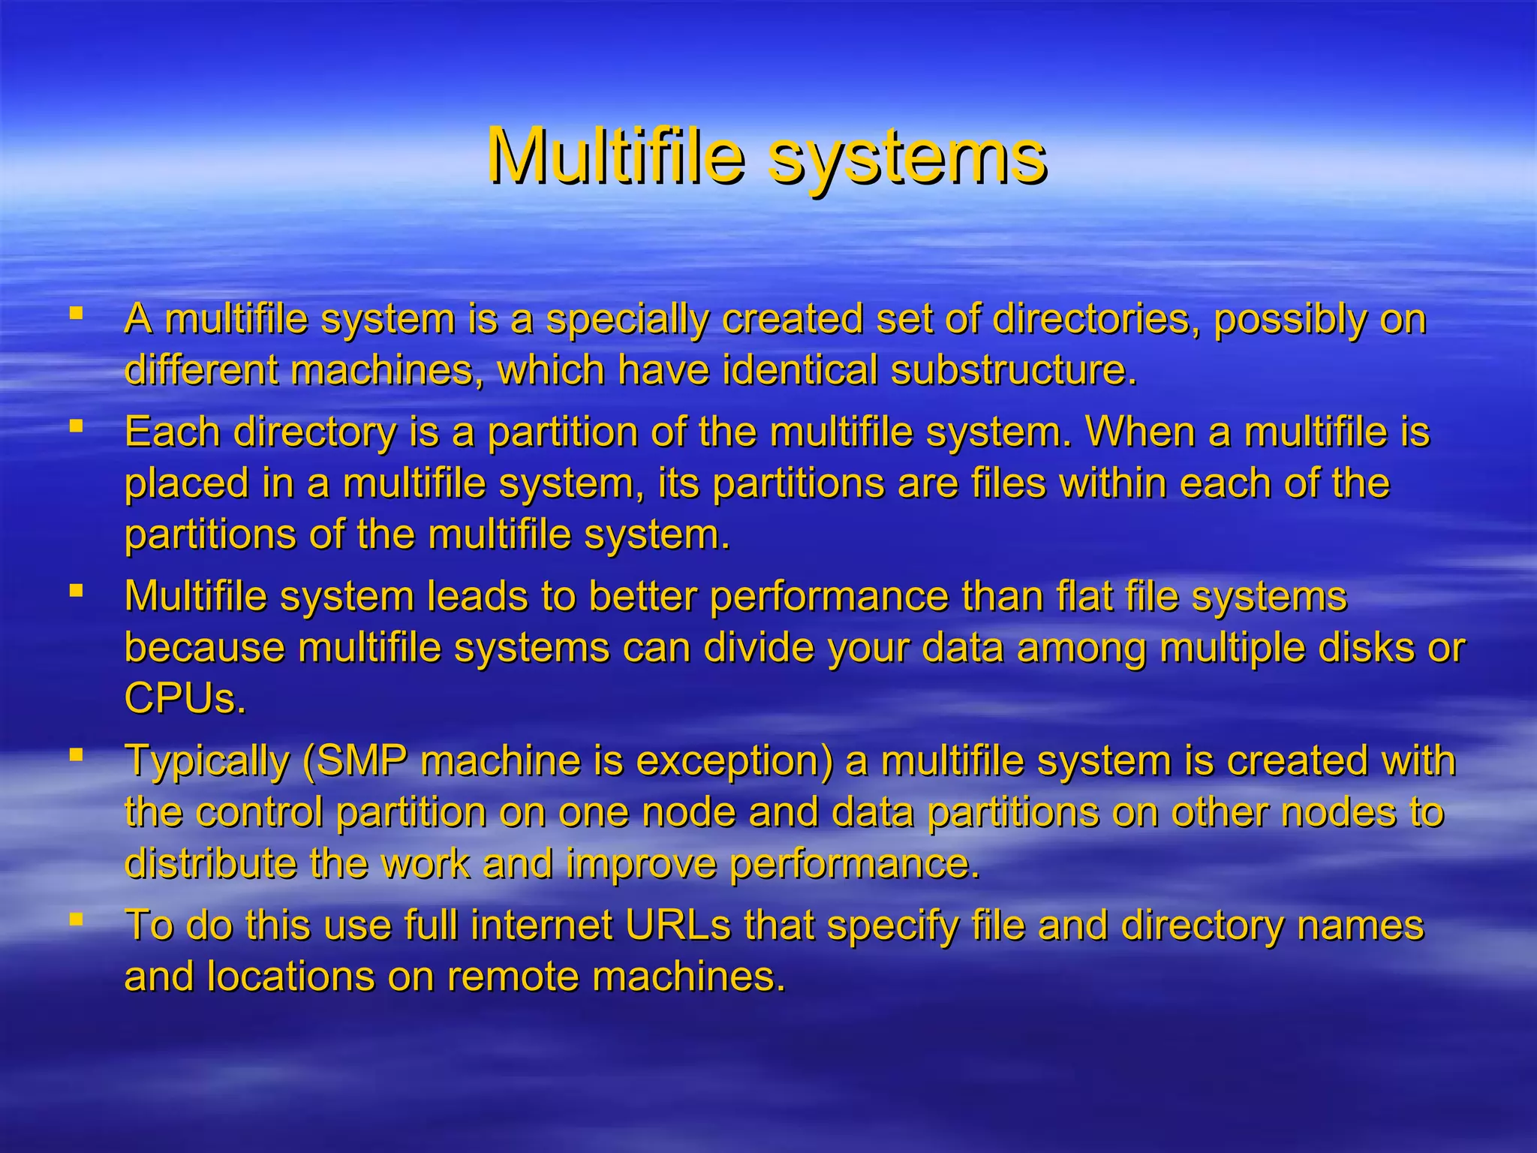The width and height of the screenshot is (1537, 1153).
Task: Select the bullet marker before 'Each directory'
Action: coord(76,426)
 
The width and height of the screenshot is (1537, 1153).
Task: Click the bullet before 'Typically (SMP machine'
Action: coord(76,754)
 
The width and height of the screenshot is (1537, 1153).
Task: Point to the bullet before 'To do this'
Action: coord(76,918)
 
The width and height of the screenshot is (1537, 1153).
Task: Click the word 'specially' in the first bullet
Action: coord(627,320)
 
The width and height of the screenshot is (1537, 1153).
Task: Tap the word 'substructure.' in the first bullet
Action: coord(1013,370)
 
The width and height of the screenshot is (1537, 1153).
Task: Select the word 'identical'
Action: coord(800,370)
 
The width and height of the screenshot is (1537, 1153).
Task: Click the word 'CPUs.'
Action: coord(185,699)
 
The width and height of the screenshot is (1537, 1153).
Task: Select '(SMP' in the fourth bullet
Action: coord(354,761)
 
